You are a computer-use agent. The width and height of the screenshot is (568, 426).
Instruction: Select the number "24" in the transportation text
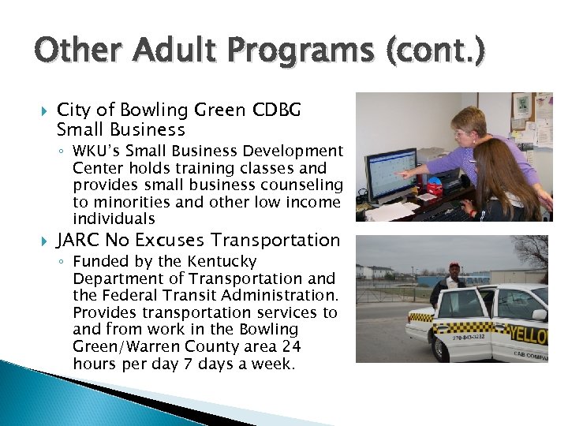(x=291, y=347)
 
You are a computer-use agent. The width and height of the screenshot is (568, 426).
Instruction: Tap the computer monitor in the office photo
(x=391, y=174)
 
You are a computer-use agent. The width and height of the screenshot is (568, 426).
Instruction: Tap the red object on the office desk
(x=434, y=189)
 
